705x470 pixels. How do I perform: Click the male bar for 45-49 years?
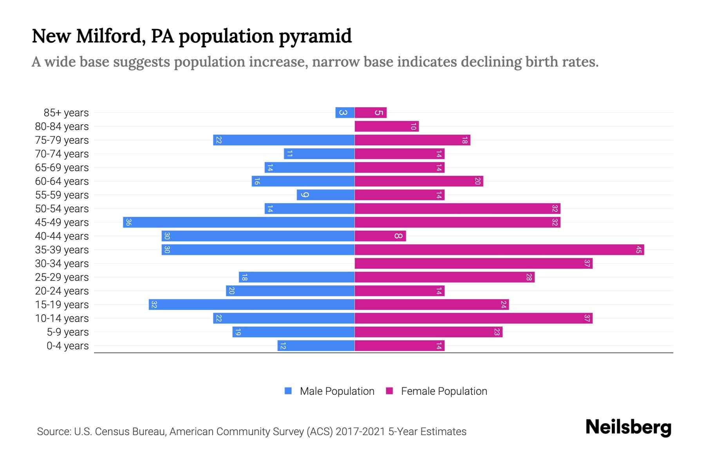coord(239,222)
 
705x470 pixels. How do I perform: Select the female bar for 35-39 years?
coord(499,250)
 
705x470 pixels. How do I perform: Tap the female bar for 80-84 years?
coord(387,127)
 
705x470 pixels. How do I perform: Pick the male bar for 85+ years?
coord(345,113)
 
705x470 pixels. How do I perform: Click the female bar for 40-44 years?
coord(380,236)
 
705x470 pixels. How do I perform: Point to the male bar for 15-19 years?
coord(251,305)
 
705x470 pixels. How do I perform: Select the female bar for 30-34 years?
coord(474,264)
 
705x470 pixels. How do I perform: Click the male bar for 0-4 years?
coord(316,346)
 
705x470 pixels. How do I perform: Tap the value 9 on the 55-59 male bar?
coord(305,195)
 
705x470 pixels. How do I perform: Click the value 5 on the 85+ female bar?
coord(378,113)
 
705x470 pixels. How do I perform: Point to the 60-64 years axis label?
coord(62,181)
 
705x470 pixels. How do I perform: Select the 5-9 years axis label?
coord(68,332)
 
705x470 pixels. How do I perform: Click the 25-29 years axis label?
coord(62,277)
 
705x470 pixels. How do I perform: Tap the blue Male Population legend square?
coord(288,391)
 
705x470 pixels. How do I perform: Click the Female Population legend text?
coord(444,391)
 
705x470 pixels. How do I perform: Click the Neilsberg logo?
coord(628,427)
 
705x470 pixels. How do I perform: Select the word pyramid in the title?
coord(315,36)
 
